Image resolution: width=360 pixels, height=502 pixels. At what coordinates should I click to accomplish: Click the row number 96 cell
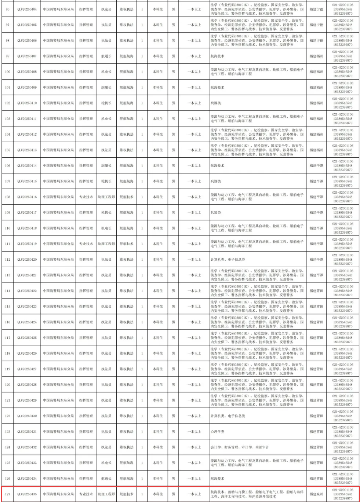click(8, 9)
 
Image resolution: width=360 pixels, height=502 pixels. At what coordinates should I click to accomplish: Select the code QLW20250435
click(27, 494)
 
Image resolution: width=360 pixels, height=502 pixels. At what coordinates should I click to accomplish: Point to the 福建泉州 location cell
click(316, 494)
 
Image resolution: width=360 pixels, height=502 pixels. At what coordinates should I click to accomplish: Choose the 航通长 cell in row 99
click(106, 56)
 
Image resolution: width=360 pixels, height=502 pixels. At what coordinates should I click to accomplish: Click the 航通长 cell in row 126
click(106, 479)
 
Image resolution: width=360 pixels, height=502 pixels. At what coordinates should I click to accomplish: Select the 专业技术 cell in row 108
click(86, 197)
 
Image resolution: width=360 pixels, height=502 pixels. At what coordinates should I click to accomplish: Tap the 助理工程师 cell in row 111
click(106, 244)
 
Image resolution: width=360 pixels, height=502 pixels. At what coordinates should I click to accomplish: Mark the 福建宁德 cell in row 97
click(316, 25)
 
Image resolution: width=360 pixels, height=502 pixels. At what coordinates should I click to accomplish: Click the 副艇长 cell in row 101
click(106, 88)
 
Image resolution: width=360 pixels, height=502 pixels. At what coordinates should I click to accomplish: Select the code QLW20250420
click(27, 260)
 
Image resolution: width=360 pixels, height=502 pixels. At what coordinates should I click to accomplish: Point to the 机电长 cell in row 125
click(106, 463)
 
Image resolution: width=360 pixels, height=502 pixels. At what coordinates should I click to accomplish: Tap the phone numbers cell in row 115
click(342, 307)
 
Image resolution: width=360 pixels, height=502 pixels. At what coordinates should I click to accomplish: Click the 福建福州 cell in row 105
click(316, 150)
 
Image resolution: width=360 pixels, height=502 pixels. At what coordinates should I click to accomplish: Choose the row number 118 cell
click(8, 353)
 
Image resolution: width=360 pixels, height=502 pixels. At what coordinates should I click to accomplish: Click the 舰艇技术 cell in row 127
click(126, 494)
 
